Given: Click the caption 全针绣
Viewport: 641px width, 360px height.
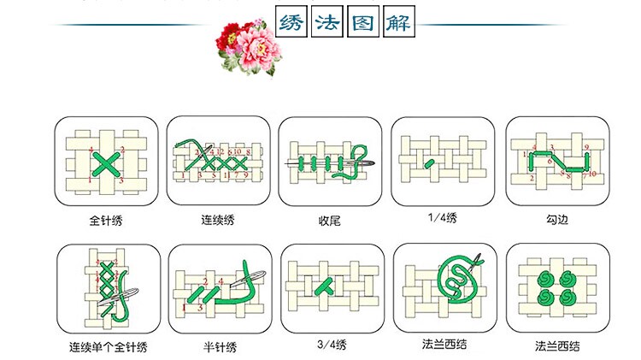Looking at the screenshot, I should (x=106, y=221).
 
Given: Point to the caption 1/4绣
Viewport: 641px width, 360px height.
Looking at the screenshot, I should (x=442, y=219).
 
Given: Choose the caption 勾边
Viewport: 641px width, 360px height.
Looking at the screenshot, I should (x=556, y=221).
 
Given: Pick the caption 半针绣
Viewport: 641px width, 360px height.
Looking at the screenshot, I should (x=220, y=347).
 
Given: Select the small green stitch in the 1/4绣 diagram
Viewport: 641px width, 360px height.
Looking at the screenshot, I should (x=430, y=162).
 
